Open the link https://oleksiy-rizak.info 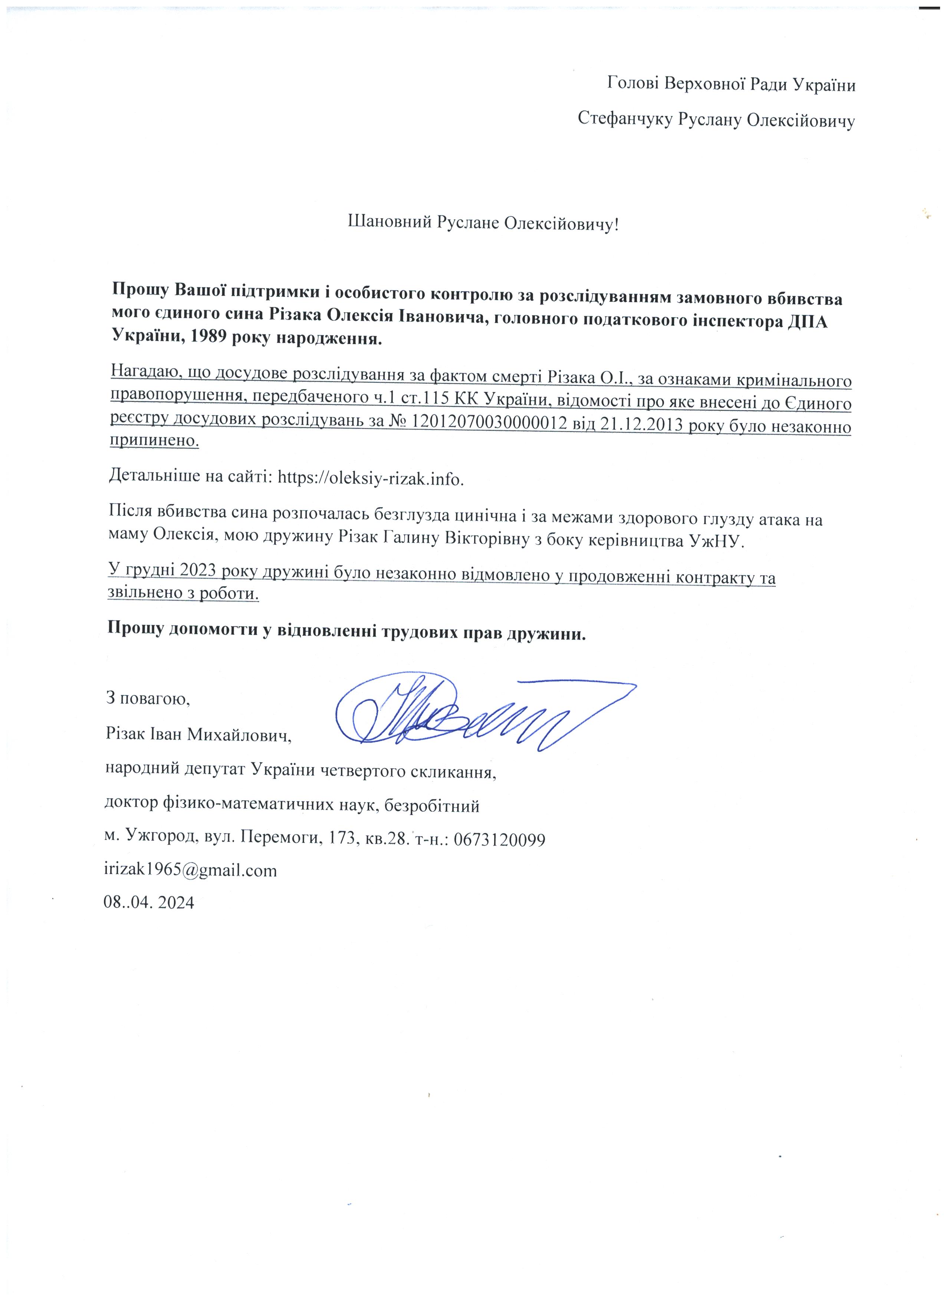370,478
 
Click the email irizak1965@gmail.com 190,870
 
